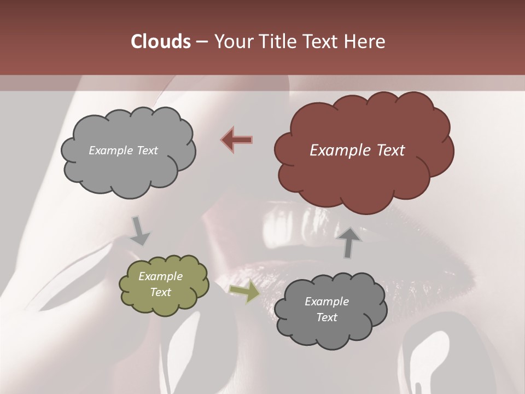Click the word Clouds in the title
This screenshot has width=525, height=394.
pos(160,42)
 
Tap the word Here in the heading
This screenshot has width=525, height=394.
pos(365,42)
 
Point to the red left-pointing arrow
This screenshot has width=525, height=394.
pos(237,139)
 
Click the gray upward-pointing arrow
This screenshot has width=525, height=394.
pos(350,242)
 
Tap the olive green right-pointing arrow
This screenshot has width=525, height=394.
pos(244,292)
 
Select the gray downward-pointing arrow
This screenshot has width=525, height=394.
pos(139,231)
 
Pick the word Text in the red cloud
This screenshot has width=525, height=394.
pos(390,150)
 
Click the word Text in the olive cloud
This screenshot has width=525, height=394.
pos(161,292)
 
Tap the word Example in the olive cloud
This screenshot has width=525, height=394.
pos(161,276)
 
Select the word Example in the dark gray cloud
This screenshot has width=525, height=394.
pos(326,302)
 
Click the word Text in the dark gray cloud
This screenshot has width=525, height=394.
pos(326,317)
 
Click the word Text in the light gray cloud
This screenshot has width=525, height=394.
pos(147,150)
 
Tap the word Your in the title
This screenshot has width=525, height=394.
pos(232,42)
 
